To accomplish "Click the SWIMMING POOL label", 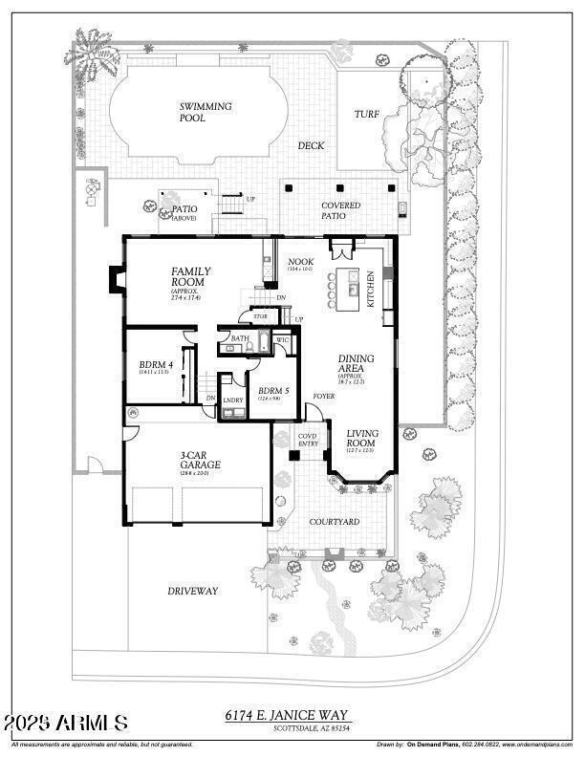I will coord(205,112).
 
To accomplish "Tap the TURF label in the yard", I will coord(367,114).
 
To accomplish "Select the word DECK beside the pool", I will coord(311,146).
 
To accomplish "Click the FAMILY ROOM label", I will coord(191,277).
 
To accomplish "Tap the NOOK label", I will coord(301,261).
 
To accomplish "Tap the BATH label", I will coord(239,338).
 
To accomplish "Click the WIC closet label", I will coord(282,338).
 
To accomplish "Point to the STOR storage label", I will coord(260,314).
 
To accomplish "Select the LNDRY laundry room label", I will coord(233,400).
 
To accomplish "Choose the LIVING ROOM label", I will coord(362,440).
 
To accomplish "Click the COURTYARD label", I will coord(334,522).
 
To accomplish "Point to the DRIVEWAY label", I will coord(193,591).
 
